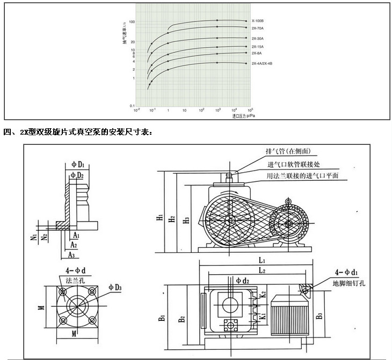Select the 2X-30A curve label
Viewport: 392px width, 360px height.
pos(257,38)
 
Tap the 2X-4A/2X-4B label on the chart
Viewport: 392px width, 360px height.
pos(262,64)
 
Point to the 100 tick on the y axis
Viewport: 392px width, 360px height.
pos(132,22)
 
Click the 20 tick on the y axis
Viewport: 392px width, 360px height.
pos(132,41)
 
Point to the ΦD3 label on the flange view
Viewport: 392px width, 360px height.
pos(115,286)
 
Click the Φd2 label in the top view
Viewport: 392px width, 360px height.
pos(242,280)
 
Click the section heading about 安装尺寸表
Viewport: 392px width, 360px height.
pos(78,131)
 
